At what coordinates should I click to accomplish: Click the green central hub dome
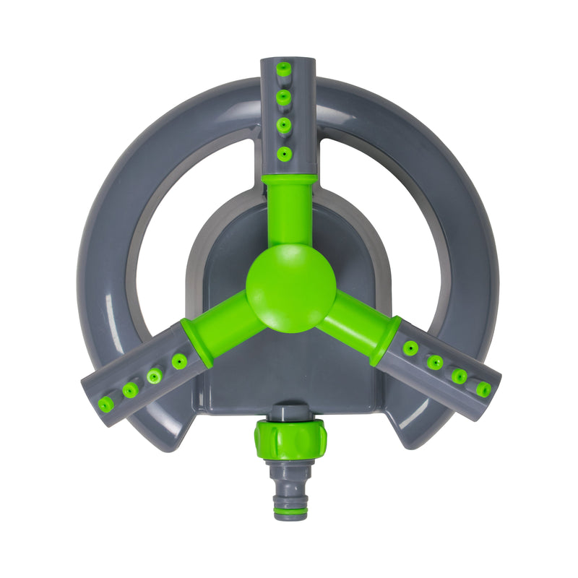tap(290, 288)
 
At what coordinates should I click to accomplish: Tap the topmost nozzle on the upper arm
tap(285, 69)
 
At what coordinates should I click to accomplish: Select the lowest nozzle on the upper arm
tap(285, 153)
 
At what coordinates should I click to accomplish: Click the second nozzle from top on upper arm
tap(285, 96)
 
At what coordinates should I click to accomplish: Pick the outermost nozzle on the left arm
tap(106, 404)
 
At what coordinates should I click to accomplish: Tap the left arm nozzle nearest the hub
tap(179, 361)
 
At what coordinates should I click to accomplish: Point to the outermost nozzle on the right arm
tap(483, 389)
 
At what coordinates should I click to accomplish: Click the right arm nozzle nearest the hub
tap(410, 348)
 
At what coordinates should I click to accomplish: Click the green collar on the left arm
tap(197, 342)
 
